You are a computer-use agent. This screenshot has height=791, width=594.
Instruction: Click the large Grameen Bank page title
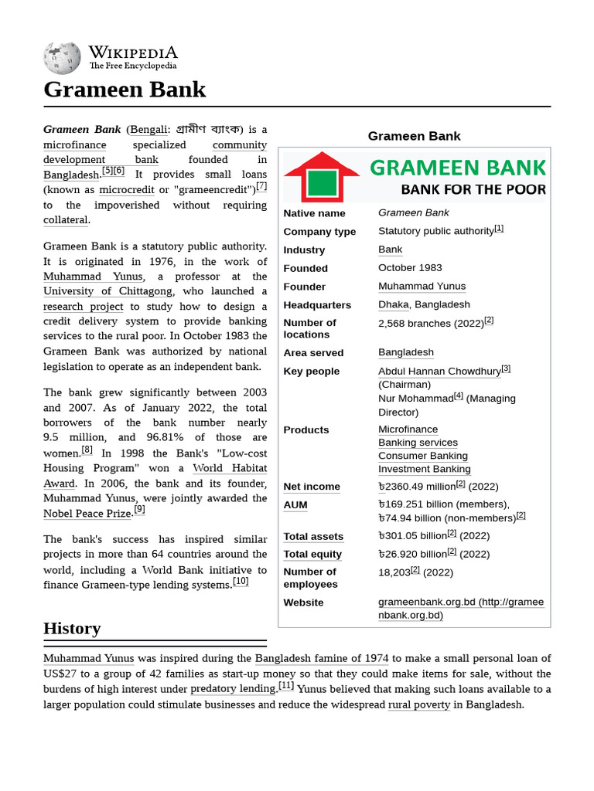pyautogui.click(x=125, y=90)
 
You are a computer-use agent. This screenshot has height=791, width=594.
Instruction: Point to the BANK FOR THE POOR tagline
pyautogui.click(x=473, y=189)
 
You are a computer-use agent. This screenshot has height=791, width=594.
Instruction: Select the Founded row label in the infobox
pyautogui.click(x=306, y=268)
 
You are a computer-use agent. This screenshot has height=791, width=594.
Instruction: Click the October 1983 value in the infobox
pyautogui.click(x=410, y=268)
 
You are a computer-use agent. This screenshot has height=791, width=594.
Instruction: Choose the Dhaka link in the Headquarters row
pyautogui.click(x=393, y=304)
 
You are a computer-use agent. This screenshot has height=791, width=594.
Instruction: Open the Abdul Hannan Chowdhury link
pyautogui.click(x=439, y=371)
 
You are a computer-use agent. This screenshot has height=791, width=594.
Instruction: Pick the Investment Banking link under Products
pyautogui.click(x=424, y=469)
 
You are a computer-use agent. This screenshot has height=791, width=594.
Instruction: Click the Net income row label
pyautogui.click(x=312, y=487)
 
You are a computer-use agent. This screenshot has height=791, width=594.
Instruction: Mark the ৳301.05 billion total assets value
pyautogui.click(x=412, y=535)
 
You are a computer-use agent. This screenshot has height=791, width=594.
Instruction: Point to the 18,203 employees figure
pyautogui.click(x=394, y=572)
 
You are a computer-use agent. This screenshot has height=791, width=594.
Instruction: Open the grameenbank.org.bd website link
pyautogui.click(x=460, y=609)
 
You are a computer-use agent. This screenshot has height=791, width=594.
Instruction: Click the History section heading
pyautogui.click(x=72, y=628)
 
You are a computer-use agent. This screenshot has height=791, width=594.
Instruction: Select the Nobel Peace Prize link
pyautogui.click(x=87, y=514)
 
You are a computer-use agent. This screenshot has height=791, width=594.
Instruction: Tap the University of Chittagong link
pyautogui.click(x=108, y=291)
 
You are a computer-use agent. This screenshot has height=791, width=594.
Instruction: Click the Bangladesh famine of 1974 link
pyautogui.click(x=322, y=658)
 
